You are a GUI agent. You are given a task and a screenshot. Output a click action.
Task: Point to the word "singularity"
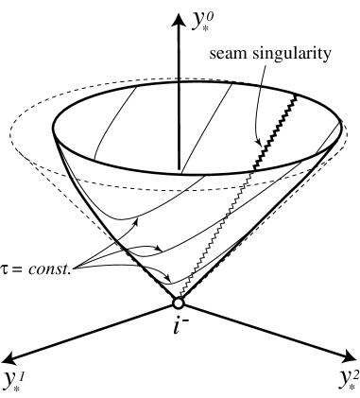tap(297, 54)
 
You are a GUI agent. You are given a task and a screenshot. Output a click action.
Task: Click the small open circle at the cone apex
tap(178, 303)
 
